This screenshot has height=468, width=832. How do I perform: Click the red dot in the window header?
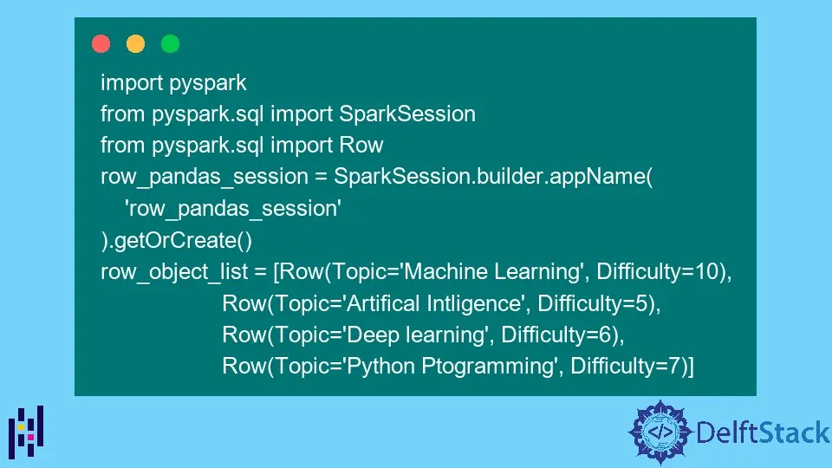tap(101, 43)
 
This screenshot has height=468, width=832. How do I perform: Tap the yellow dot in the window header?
tap(135, 43)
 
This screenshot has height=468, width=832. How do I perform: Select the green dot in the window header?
tap(170, 43)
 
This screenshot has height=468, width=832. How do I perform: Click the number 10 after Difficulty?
tap(707, 271)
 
